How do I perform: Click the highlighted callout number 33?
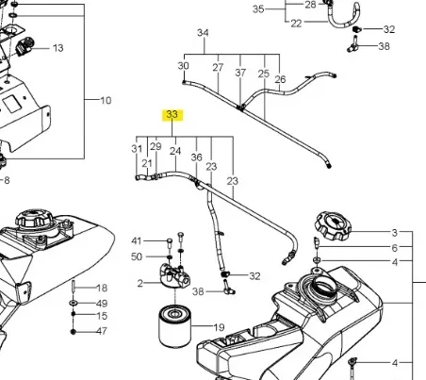coord(172,115)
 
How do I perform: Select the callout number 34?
coord(202,33)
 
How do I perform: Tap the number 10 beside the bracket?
coord(106,100)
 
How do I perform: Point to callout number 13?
coord(57,47)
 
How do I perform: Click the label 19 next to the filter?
coord(219,327)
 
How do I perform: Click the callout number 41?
coord(137,240)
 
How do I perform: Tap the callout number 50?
coord(137,256)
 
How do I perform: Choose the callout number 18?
coord(103,288)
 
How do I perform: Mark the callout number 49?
coord(103,303)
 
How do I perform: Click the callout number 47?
coord(103,332)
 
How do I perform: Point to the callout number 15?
coord(103,317)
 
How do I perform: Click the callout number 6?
coord(396,247)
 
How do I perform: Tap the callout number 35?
coord(259,8)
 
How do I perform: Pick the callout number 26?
coord(280,79)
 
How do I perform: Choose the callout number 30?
coord(184,67)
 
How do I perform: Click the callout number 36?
coord(197,157)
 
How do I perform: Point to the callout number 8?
coord(7,179)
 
